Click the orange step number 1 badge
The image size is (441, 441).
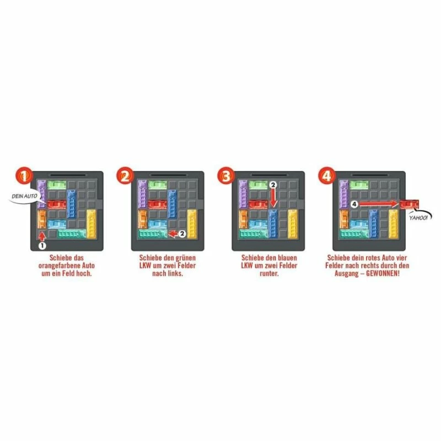24,175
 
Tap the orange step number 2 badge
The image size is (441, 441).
125,175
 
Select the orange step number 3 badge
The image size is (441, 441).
226,175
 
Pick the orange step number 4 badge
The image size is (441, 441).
326,175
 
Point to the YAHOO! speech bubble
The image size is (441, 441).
419,217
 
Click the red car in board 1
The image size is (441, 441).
57,204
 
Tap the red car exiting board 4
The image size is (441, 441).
409,204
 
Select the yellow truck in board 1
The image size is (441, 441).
92,224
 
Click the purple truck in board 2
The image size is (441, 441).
142,195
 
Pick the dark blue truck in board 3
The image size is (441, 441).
273,224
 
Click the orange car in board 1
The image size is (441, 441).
42,219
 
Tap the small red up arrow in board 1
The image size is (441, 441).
42,236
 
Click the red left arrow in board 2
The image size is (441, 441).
173,233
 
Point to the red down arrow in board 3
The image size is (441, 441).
273,200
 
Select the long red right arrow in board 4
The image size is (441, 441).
379,204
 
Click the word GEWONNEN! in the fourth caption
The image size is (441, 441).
383,273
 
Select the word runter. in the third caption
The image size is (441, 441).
269,273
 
